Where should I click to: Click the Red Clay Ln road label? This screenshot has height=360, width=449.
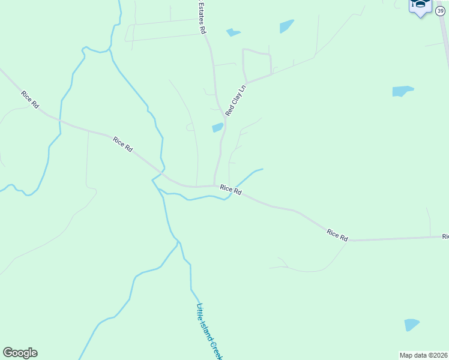click(236, 100)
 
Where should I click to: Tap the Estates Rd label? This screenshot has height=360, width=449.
click(202, 17)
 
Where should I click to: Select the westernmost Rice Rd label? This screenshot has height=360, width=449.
click(29, 99)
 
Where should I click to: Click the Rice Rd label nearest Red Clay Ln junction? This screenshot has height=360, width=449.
click(231, 190)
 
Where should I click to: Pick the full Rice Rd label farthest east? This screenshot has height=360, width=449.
click(337, 235)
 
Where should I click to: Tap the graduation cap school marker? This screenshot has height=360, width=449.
click(420, 6)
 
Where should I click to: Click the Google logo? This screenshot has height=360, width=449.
click(20, 353)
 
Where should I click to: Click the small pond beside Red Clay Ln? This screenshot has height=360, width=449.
click(217, 127)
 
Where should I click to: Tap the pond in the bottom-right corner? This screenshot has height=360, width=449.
click(411, 325)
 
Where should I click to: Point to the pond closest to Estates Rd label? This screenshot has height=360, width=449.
click(233, 32)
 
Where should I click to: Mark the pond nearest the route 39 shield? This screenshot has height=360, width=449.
click(402, 91)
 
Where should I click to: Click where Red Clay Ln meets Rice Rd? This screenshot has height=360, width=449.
click(214, 185)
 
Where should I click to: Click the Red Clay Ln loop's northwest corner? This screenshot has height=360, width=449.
click(243, 50)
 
